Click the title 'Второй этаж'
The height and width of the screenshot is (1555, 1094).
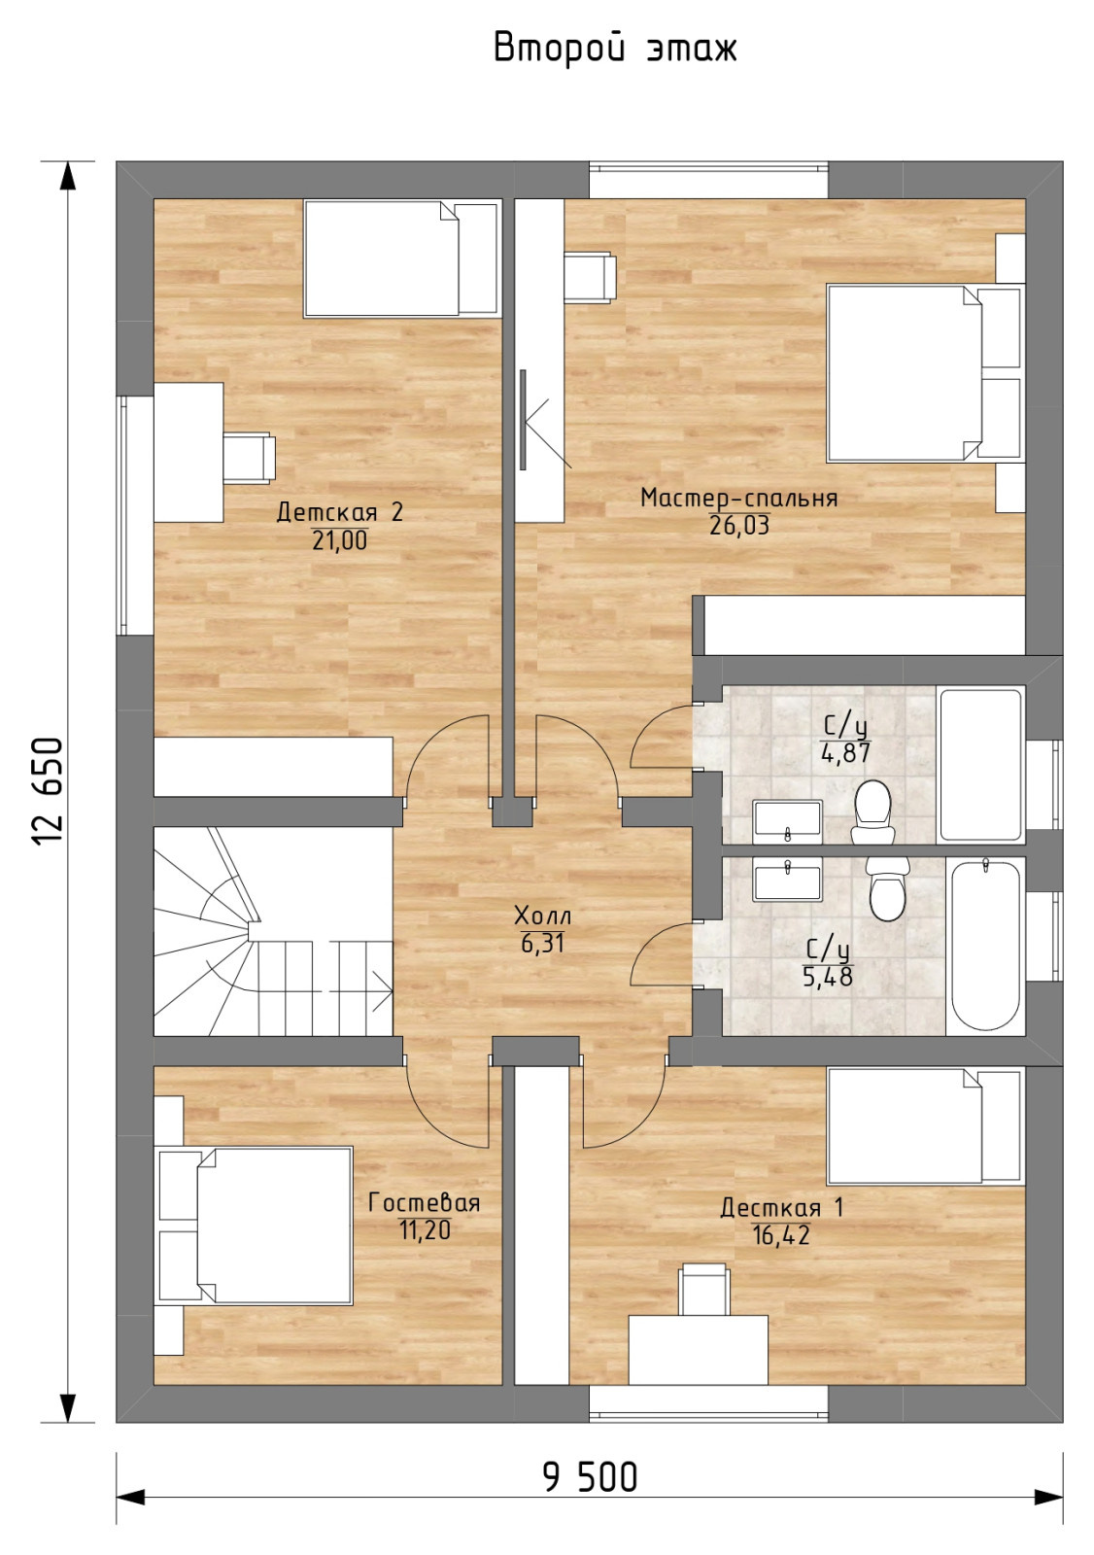[615, 50]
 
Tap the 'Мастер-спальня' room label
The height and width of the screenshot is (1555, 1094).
[738, 498]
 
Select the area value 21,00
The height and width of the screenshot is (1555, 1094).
[339, 540]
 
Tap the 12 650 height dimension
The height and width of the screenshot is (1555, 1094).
[48, 791]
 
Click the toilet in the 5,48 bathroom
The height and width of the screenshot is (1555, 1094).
[888, 888]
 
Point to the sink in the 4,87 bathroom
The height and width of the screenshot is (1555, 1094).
[788, 822]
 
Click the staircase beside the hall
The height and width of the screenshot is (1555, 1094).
[273, 931]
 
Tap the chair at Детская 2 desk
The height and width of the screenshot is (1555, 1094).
[249, 458]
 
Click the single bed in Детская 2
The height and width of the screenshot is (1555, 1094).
[402, 259]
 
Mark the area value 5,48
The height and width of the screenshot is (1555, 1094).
[828, 977]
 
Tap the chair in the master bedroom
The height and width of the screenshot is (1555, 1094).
[590, 277]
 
